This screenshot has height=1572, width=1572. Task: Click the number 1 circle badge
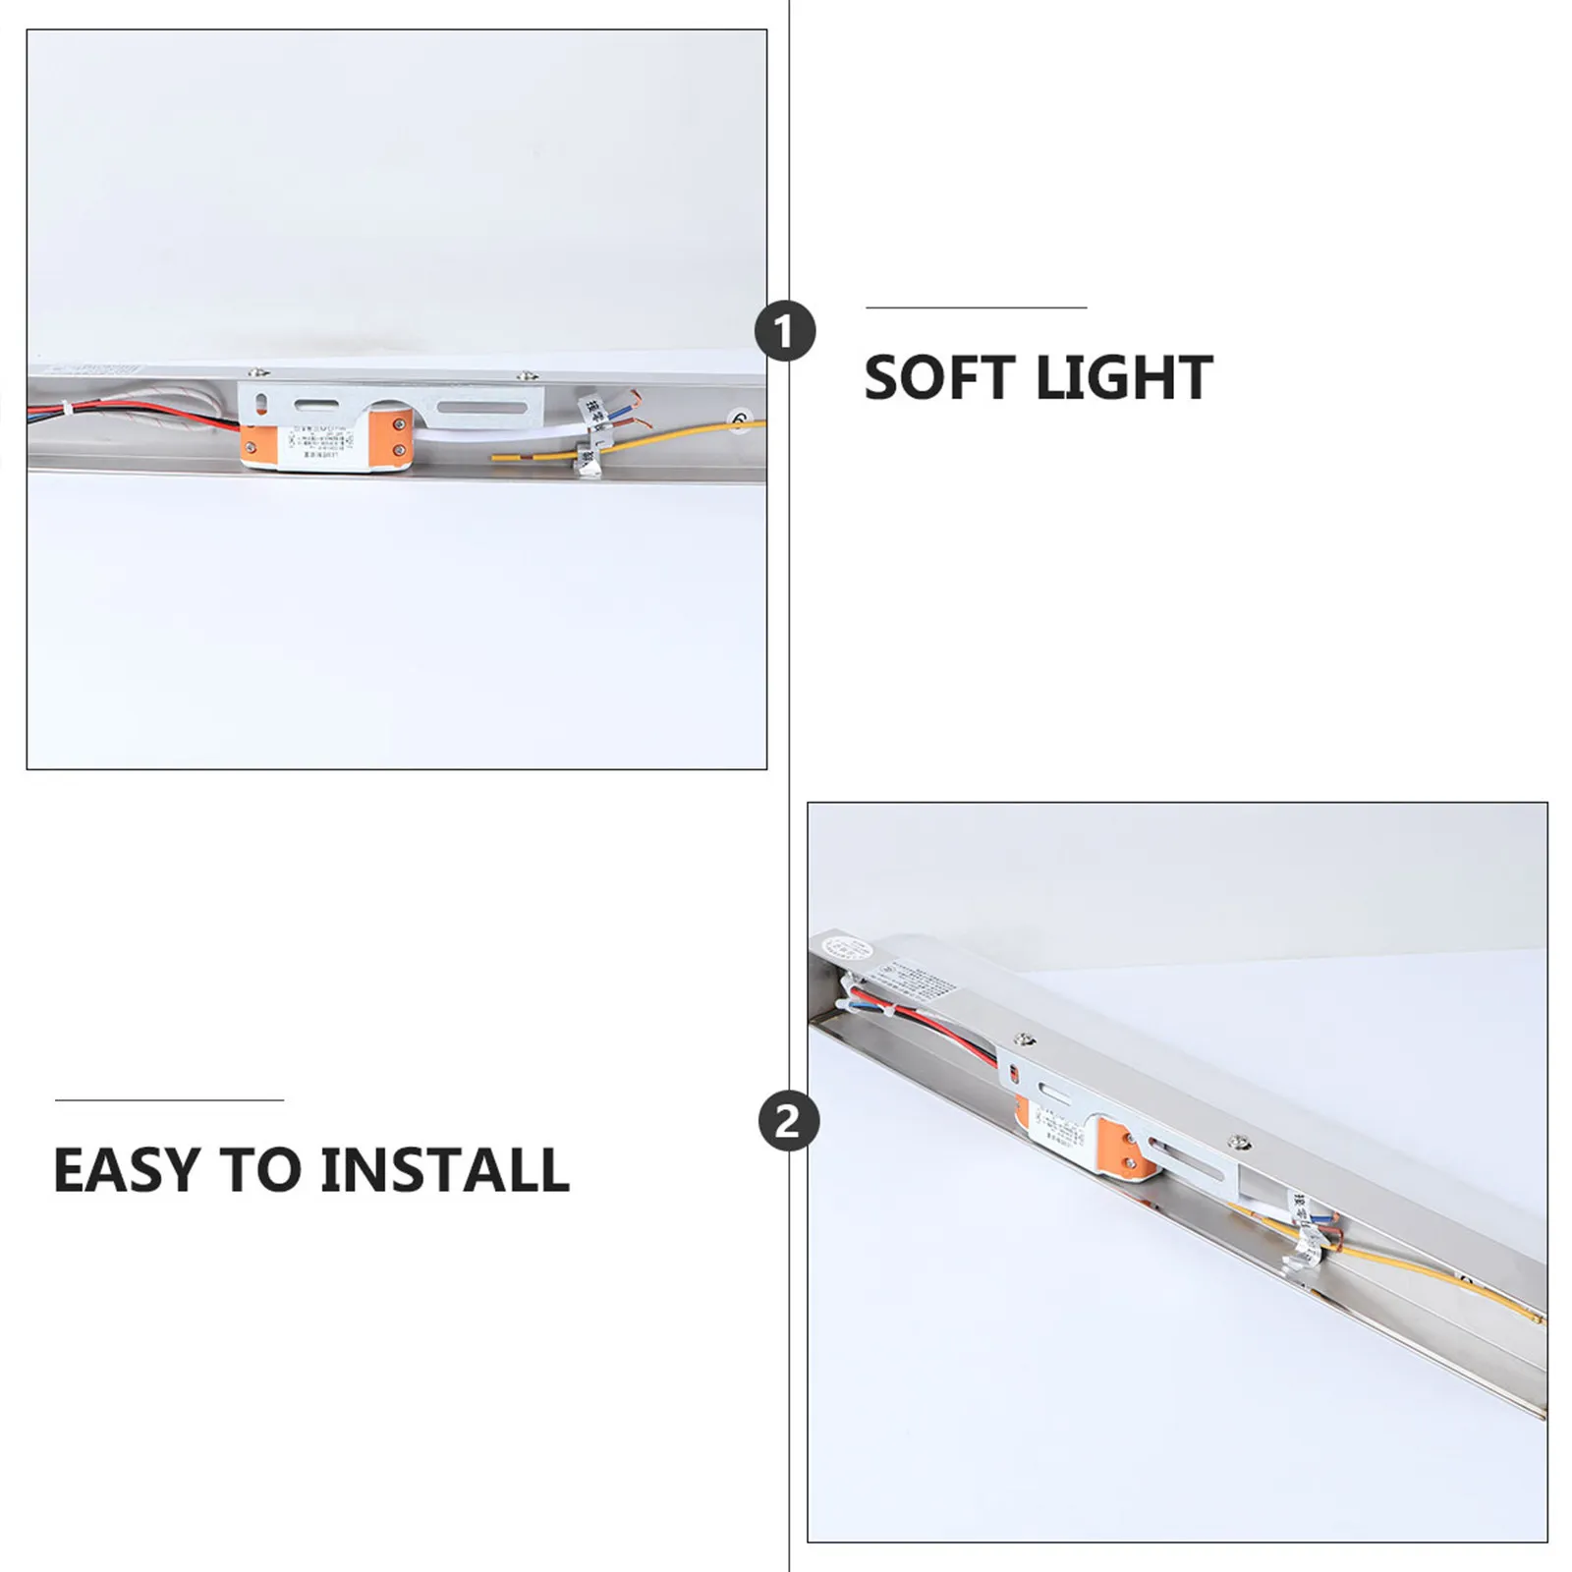785,331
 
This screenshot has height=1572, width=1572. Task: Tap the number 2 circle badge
789,1121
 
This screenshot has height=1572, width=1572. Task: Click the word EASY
125,1169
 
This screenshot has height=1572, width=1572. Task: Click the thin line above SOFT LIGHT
976,308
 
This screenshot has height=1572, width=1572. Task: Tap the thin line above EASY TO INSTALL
169,1100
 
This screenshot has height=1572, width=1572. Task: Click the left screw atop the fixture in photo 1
258,372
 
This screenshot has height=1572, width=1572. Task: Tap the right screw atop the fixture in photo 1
529,373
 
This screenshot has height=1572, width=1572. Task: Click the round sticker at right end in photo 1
739,421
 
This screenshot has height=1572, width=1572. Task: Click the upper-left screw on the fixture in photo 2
1026,1039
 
